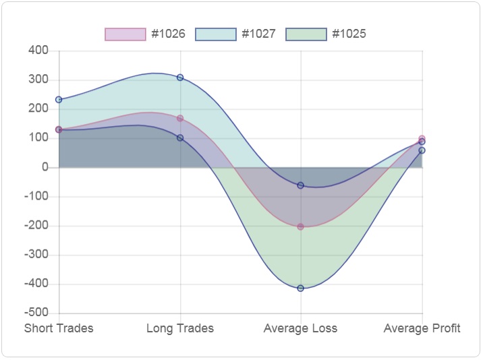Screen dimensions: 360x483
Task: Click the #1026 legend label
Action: pyautogui.click(x=168, y=34)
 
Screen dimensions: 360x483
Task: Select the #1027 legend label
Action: pyautogui.click(x=258, y=34)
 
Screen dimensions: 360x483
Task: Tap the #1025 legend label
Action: pyautogui.click(x=349, y=34)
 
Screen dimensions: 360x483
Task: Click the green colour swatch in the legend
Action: pyautogui.click(x=306, y=34)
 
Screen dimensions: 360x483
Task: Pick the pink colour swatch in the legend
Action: pyautogui.click(x=125, y=34)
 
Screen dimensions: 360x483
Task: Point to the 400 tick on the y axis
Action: pyautogui.click(x=38, y=51)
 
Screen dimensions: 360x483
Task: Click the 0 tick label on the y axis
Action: pyautogui.click(x=45, y=167)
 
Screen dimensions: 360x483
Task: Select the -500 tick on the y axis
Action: pyautogui.click(x=36, y=313)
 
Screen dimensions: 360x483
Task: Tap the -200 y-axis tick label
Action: pyautogui.click(x=36, y=226)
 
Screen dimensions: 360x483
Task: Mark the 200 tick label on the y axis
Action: pyautogui.click(x=38, y=109)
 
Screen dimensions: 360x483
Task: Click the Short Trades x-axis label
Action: pyautogui.click(x=59, y=328)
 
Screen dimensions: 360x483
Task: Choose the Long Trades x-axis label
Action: pyautogui.click(x=180, y=328)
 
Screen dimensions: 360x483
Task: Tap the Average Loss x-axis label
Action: pyautogui.click(x=300, y=328)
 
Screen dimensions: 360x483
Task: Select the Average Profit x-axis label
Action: pyautogui.click(x=422, y=328)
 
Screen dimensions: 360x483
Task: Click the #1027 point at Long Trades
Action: pyautogui.click(x=180, y=78)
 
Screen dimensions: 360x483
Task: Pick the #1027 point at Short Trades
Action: pyautogui.click(x=59, y=100)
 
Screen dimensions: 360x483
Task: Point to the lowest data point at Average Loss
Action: pyautogui.click(x=301, y=289)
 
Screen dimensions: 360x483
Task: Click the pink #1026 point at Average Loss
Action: pyautogui.click(x=301, y=227)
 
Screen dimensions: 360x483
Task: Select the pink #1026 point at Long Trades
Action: pyautogui.click(x=180, y=119)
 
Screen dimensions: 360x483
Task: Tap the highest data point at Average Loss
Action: pyautogui.click(x=301, y=185)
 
